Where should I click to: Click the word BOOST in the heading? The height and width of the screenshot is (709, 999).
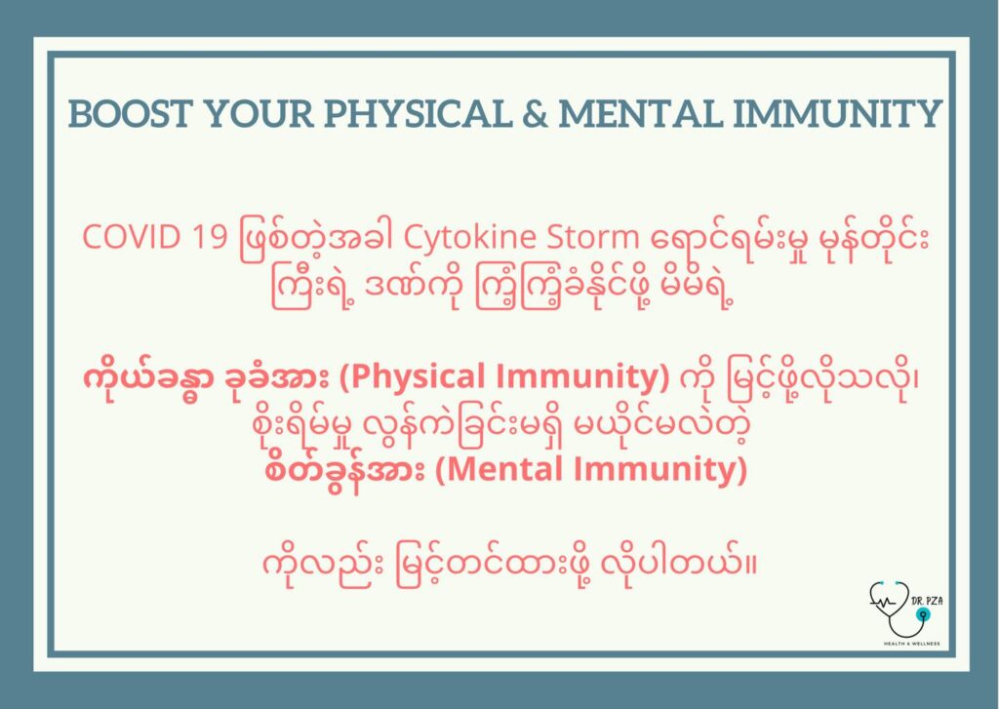click(x=130, y=113)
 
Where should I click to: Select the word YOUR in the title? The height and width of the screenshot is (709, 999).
click(x=259, y=113)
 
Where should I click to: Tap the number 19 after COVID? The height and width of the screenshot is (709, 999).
click(x=210, y=237)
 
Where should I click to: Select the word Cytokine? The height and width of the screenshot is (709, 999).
click(x=471, y=238)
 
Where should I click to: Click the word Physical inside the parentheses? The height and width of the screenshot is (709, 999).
click(x=417, y=376)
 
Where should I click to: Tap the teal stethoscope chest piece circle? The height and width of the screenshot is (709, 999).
click(x=921, y=614)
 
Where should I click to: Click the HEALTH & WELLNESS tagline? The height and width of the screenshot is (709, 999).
click(x=911, y=644)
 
